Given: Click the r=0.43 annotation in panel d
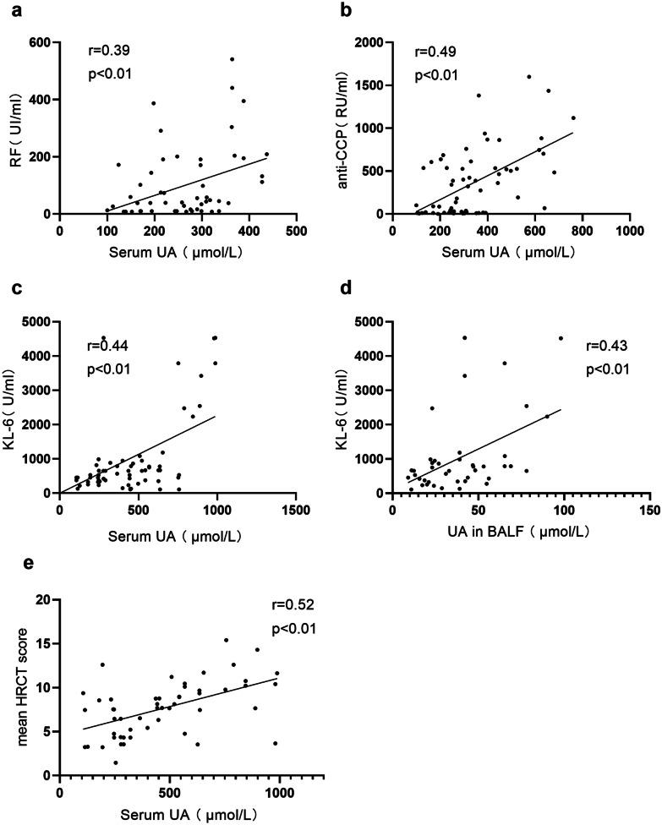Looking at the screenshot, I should [605, 347].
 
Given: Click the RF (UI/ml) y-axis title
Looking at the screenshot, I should [15, 127].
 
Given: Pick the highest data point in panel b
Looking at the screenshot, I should [528, 77].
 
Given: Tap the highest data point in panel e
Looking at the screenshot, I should [227, 640].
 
